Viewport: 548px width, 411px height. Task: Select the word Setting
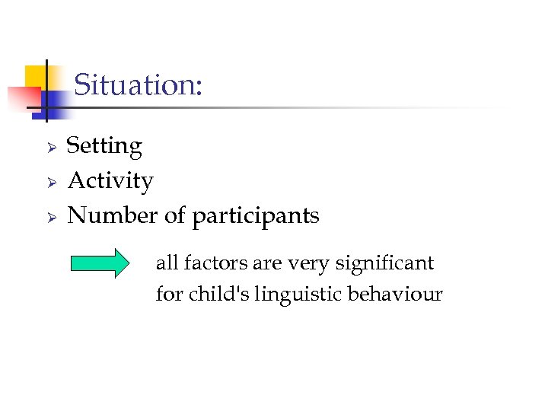[104, 146]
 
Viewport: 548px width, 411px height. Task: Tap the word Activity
[110, 181]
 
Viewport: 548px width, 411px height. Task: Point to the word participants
[256, 217]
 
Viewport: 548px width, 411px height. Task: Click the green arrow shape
[100, 263]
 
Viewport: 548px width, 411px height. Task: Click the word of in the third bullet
[174, 216]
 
